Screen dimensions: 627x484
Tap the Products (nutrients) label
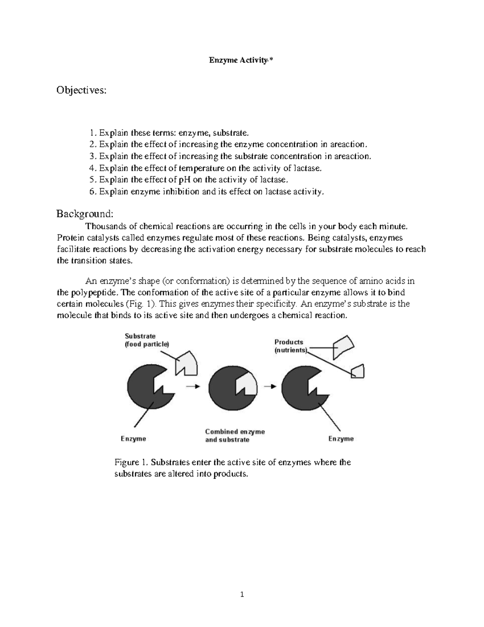[290, 346]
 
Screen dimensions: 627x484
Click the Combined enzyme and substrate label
[235, 436]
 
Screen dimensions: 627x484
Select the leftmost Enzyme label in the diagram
[134, 439]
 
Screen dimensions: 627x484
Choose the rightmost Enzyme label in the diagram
[341, 439]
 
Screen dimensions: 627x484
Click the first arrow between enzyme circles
[193, 386]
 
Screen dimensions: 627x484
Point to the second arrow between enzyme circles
[270, 386]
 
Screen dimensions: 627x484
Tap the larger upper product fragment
[343, 346]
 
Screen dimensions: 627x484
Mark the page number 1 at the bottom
[242, 594]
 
